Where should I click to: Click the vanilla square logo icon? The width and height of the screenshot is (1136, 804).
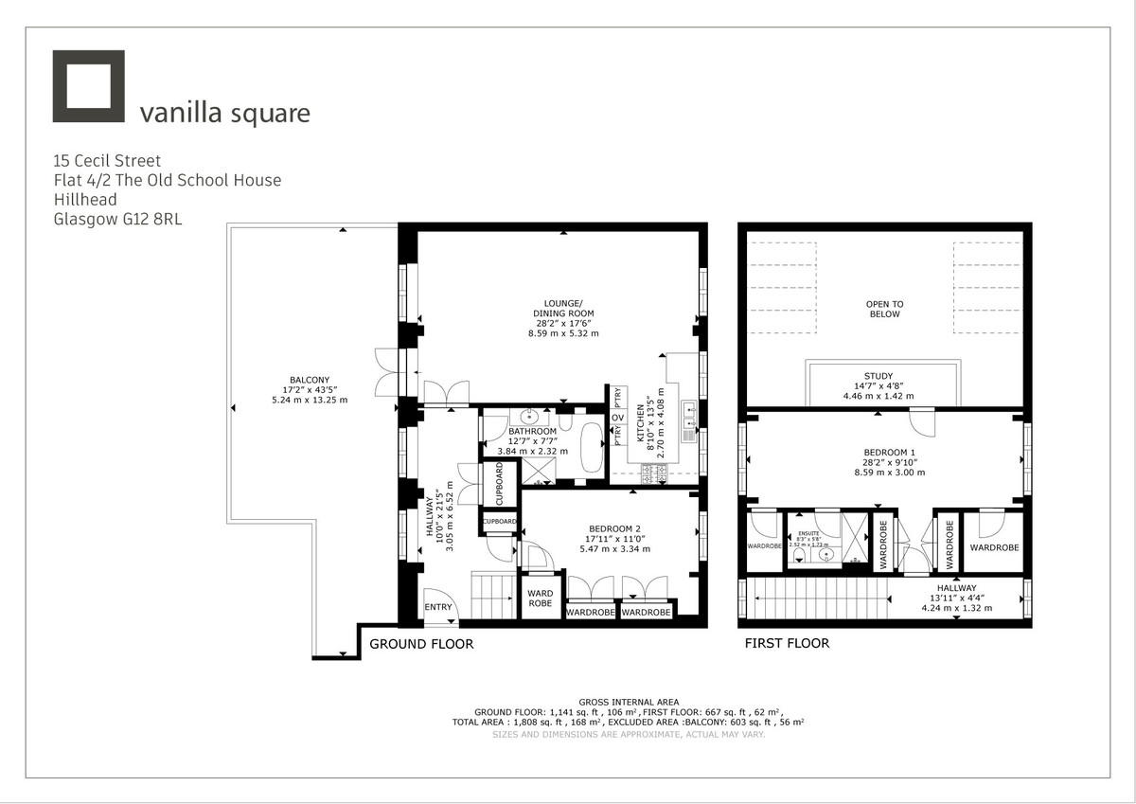(x=89, y=87)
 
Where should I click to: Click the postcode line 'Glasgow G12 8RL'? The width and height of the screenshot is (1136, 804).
(x=118, y=220)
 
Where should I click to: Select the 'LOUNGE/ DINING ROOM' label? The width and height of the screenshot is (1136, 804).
(x=565, y=308)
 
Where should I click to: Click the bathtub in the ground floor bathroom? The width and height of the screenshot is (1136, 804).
(x=592, y=446)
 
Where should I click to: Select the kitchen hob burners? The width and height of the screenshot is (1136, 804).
(x=655, y=472)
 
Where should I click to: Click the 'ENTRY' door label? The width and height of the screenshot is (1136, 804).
(x=438, y=608)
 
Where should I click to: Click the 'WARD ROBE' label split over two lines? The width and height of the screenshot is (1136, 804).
(x=541, y=599)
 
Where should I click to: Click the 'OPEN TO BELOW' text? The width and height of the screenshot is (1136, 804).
(x=884, y=309)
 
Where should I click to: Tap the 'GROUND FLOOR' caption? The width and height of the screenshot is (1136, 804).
(x=421, y=644)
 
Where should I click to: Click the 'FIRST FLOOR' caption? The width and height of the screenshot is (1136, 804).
(x=787, y=644)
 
